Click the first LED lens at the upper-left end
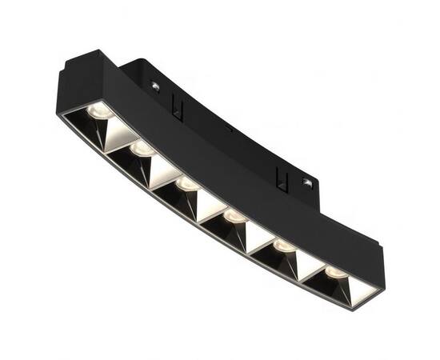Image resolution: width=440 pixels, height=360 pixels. pos(98,110)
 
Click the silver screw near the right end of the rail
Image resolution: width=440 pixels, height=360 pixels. pos(306,183)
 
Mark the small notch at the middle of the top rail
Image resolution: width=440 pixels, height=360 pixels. pos(229,128)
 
